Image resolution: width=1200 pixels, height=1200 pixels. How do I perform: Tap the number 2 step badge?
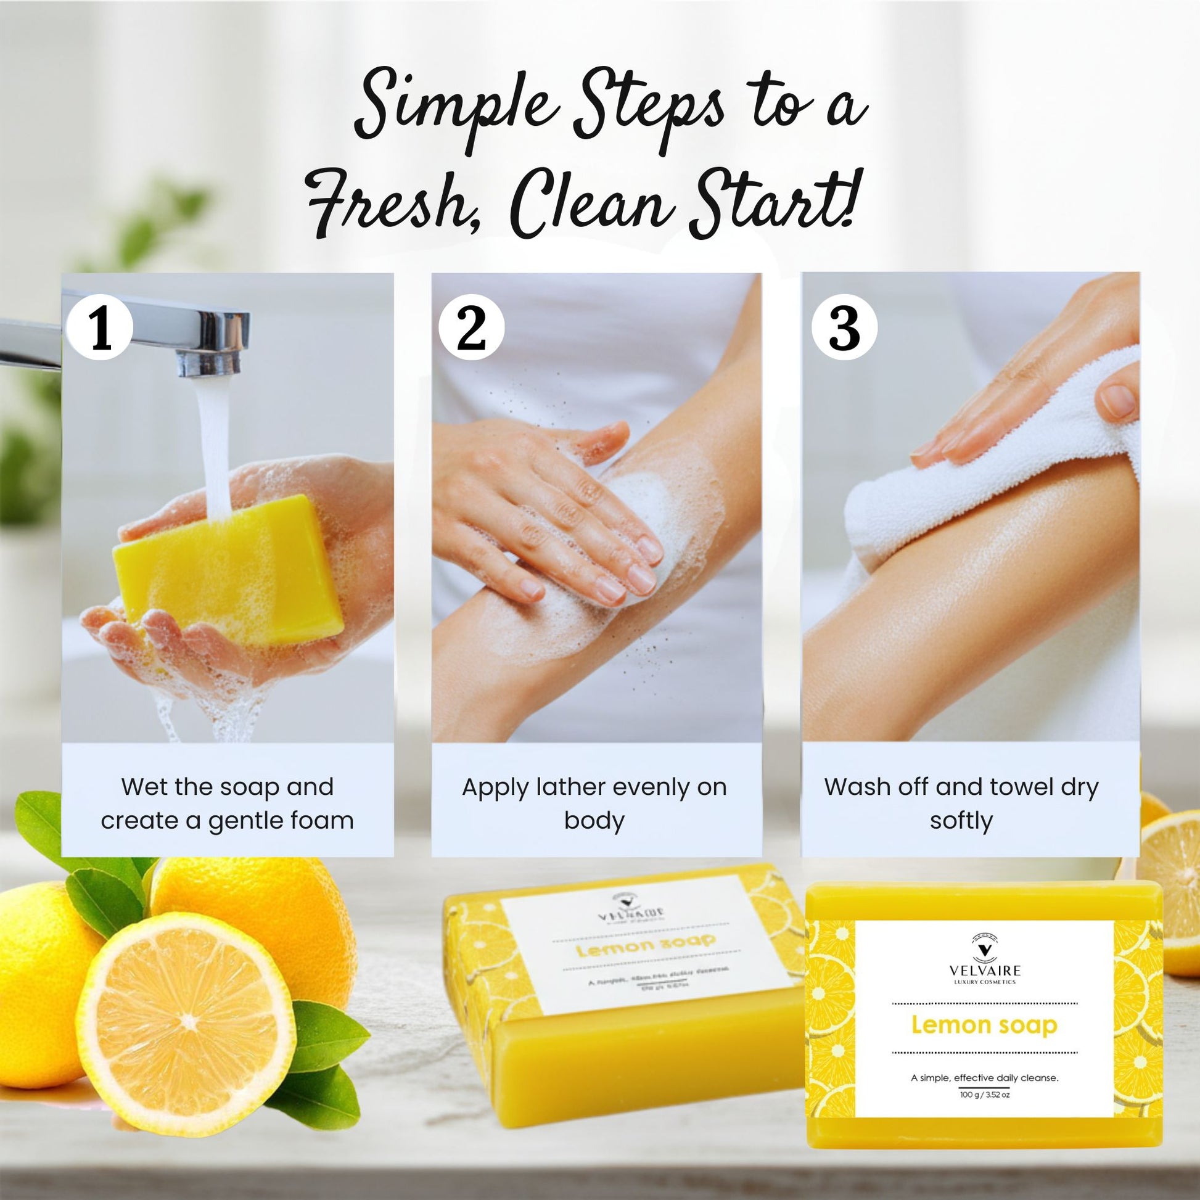point(471,328)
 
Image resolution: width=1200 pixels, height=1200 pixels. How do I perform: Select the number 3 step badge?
point(844,327)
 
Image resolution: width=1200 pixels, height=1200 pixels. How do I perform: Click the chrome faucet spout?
point(186,335)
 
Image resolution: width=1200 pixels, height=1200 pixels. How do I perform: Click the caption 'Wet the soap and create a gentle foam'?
point(228,803)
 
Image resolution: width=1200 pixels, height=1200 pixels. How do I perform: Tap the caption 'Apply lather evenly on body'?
point(594,803)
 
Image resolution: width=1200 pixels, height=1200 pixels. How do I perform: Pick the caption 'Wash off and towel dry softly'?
point(961,803)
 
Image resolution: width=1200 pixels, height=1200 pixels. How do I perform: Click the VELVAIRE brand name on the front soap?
point(984,971)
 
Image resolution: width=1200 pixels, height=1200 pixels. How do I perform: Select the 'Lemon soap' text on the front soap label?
point(984,1025)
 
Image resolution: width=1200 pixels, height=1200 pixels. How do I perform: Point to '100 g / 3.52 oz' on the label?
point(984,1095)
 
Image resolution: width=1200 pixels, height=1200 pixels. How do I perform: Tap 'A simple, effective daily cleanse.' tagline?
point(984,1078)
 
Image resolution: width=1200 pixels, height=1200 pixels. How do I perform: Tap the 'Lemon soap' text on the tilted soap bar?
point(646,945)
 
